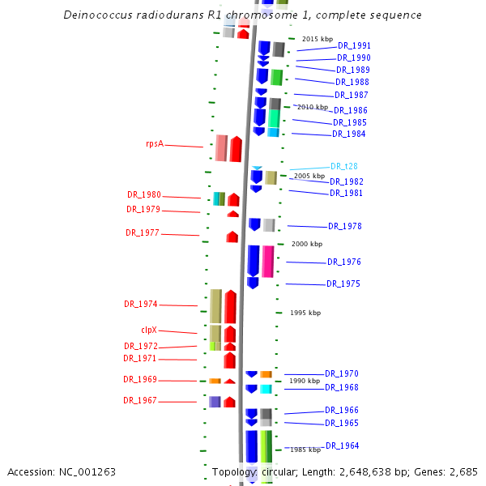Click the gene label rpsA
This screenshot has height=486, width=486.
click(155, 143)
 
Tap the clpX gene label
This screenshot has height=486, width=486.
click(149, 330)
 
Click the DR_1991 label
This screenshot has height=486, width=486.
click(354, 46)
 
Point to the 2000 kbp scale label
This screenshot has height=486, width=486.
click(306, 244)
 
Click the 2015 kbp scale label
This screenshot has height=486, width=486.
click(318, 39)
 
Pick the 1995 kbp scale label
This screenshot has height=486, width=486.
click(305, 313)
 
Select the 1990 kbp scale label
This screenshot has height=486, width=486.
click(305, 381)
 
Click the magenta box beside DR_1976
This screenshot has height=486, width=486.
click(267, 261)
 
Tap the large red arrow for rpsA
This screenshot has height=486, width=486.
click(236, 149)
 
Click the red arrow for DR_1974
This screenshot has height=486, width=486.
click(230, 307)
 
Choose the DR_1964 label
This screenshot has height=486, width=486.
click(342, 446)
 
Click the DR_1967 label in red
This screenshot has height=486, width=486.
click(140, 401)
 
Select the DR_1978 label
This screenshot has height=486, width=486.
click(344, 227)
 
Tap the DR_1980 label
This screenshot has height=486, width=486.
click(143, 195)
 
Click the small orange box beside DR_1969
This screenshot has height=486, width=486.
click(215, 381)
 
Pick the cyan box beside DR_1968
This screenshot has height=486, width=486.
click(266, 389)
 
